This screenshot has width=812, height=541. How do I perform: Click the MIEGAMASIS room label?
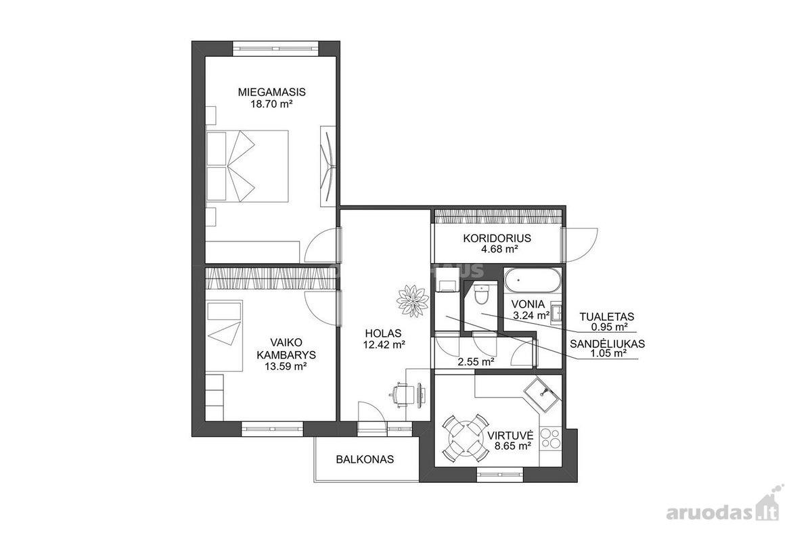tap(271, 92)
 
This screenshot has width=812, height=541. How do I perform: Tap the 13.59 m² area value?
tap(286, 367)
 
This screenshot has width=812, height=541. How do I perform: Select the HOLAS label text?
tap(384, 333)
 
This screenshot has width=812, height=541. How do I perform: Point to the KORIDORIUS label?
tap(497, 238)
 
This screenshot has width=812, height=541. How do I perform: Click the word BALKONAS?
tap(365, 459)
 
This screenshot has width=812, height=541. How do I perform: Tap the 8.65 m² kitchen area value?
tap(514, 446)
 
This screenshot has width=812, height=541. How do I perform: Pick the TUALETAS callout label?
tap(607, 316)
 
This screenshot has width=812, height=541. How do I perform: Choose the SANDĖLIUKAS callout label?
tap(607, 344)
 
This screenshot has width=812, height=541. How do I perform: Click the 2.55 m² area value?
tap(476, 362)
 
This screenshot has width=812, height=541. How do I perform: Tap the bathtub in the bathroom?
tap(533, 280)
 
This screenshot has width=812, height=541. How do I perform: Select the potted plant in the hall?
tap(413, 301)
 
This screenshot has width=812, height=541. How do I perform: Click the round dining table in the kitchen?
tap(465, 438)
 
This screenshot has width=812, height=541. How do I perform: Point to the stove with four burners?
tap(550, 439)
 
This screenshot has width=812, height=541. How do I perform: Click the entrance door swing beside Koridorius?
tap(581, 245)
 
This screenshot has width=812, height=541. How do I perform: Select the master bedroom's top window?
tap(275, 48)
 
